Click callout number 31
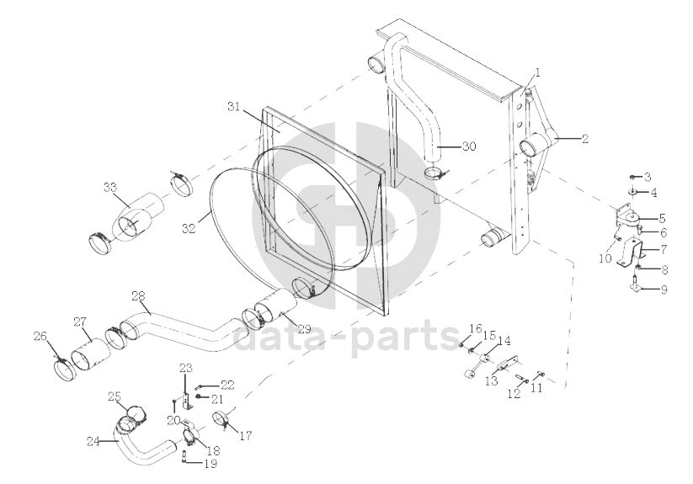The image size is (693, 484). pyautogui.click(x=235, y=106)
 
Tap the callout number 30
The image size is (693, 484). pyautogui.click(x=469, y=146)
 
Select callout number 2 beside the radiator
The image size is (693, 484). pyautogui.click(x=585, y=139)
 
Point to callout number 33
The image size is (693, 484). pyautogui.click(x=110, y=187)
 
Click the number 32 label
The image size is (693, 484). pyautogui.click(x=189, y=229)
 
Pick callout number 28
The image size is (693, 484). pyautogui.click(x=138, y=295)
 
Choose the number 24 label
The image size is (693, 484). pyautogui.click(x=93, y=441)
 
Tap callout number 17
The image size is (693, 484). pyautogui.click(x=246, y=436)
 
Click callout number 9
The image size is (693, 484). pyautogui.click(x=664, y=290)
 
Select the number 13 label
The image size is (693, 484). pyautogui.click(x=492, y=381)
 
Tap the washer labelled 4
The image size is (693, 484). pyautogui.click(x=634, y=192)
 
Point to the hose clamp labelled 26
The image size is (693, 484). pyautogui.click(x=65, y=370)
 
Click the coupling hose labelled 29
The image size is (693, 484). pyautogui.click(x=273, y=306)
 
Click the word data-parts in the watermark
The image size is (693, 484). pyautogui.click(x=346, y=339)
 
